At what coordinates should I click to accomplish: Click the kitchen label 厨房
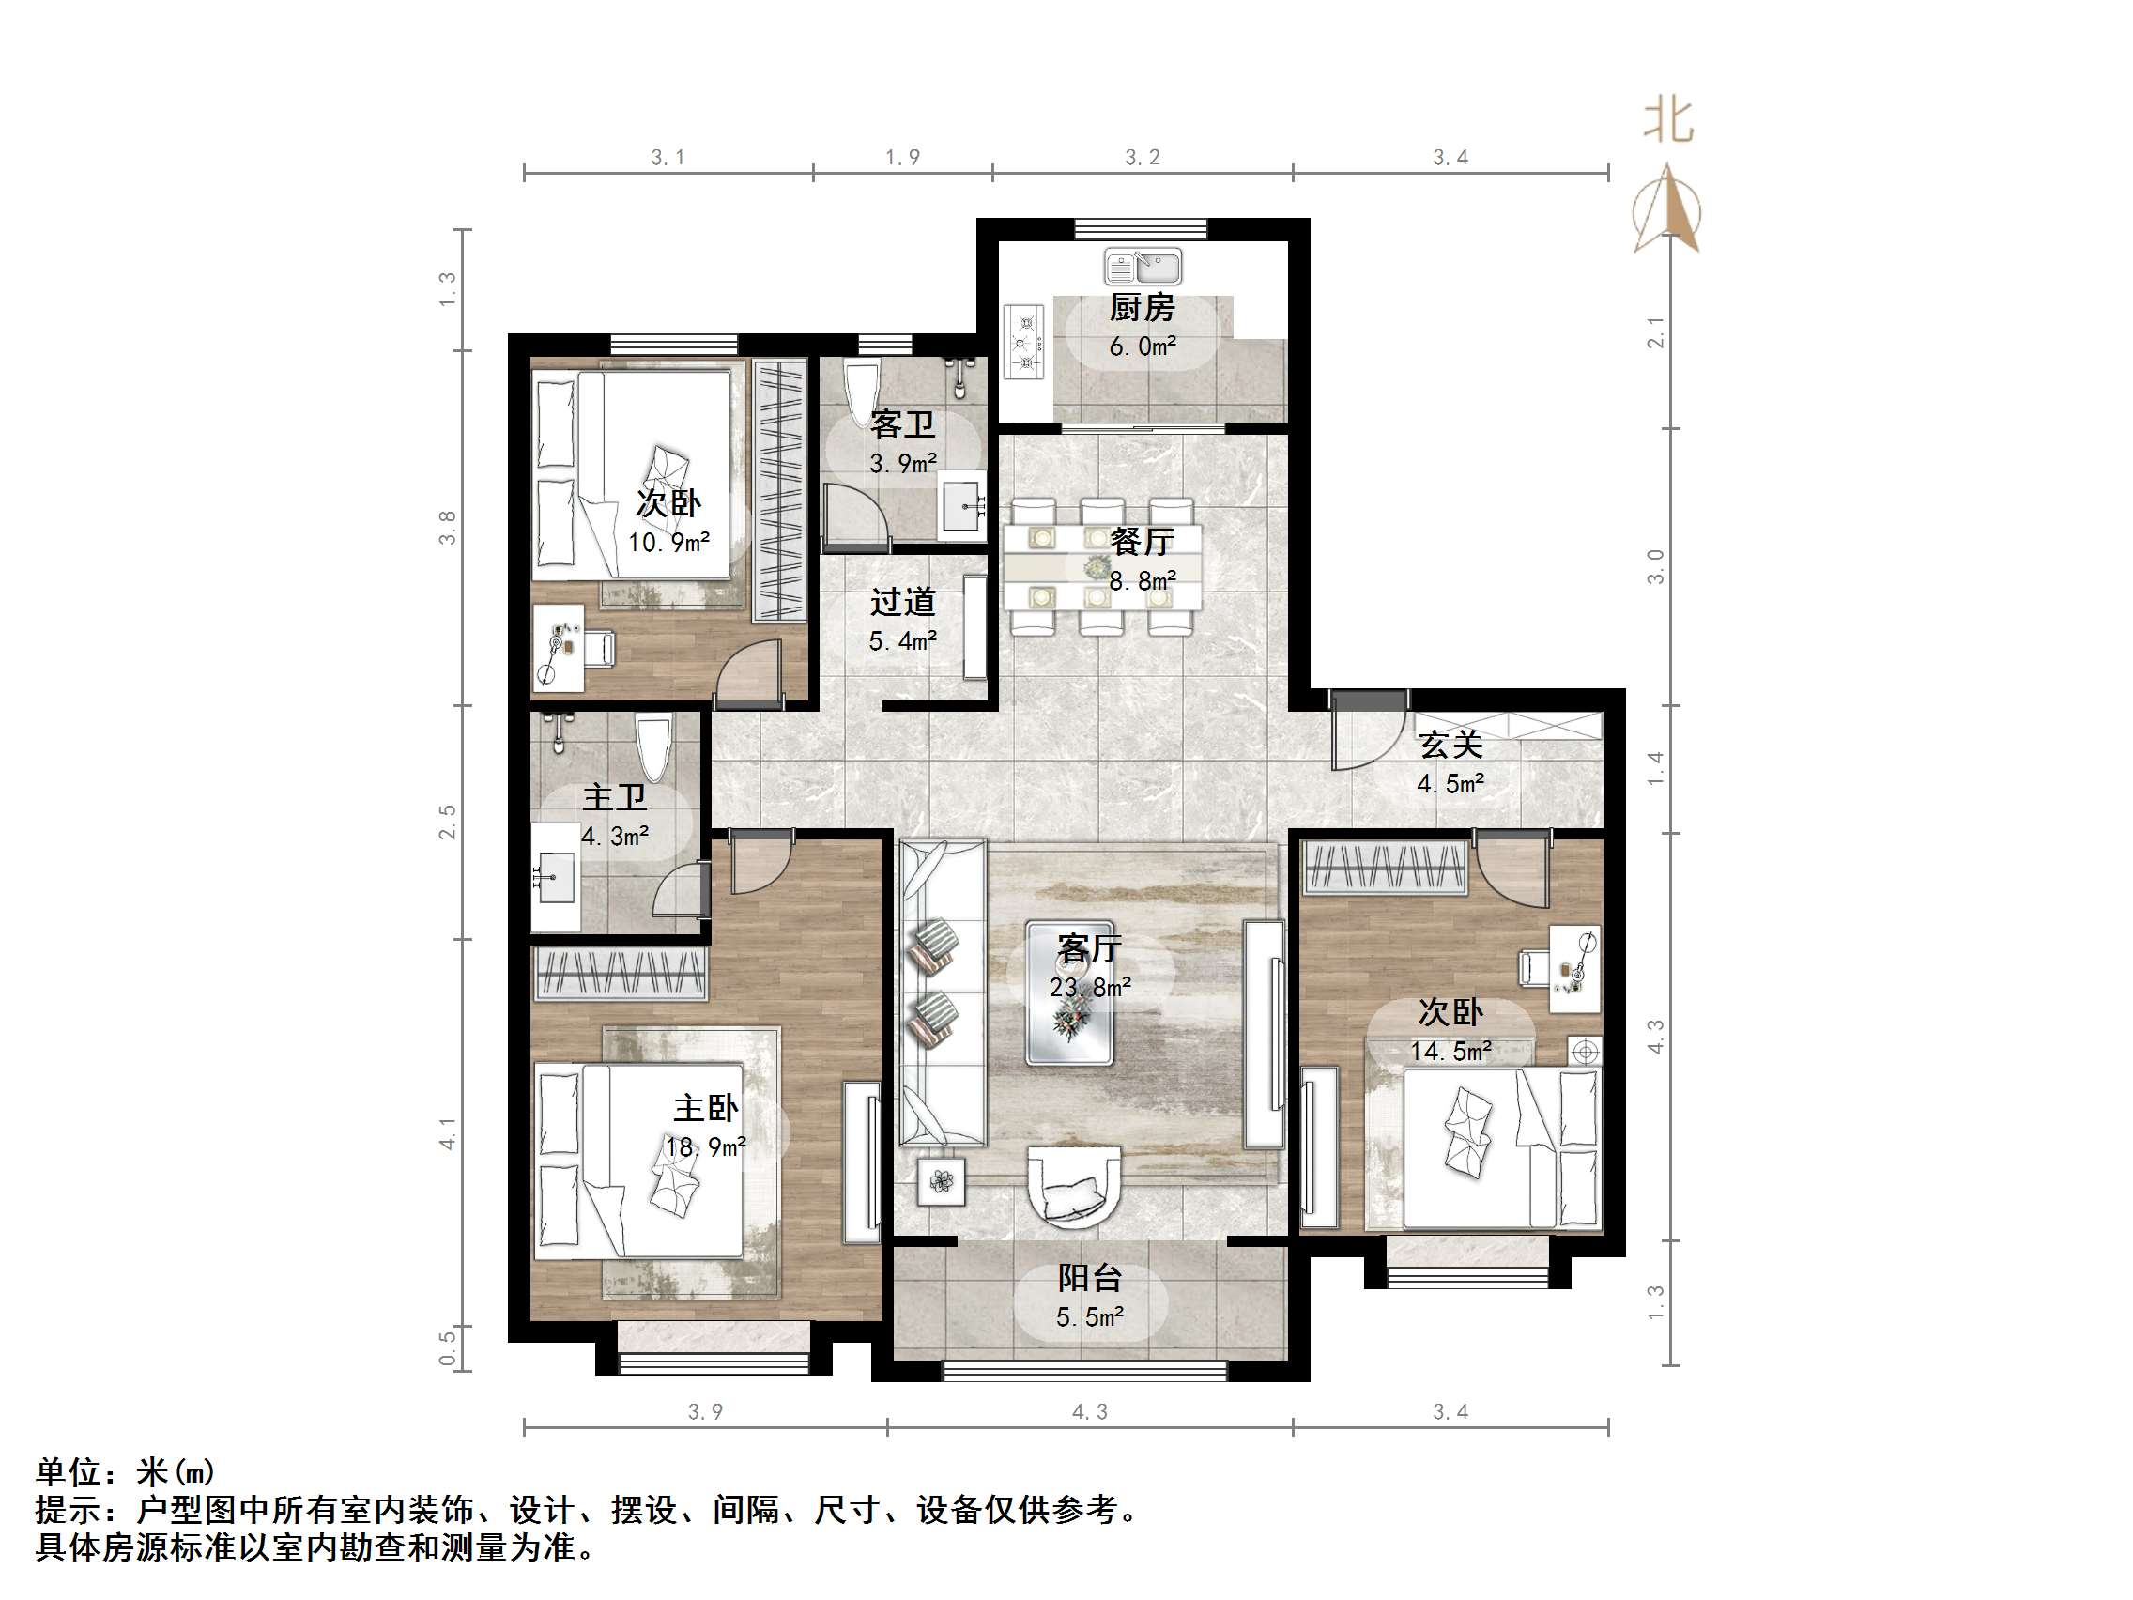pyautogui.click(x=1142, y=308)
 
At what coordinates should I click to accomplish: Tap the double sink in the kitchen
pyautogui.click(x=1143, y=266)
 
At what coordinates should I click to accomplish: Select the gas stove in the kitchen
pyautogui.click(x=1024, y=341)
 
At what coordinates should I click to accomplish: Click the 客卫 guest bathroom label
pyautogui.click(x=902, y=424)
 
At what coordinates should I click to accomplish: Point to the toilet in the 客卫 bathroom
pyautogui.click(x=859, y=391)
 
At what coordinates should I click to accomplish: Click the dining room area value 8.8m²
pyautogui.click(x=1142, y=580)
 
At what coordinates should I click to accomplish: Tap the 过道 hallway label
pyautogui.click(x=902, y=602)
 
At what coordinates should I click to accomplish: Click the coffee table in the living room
pyautogui.click(x=1070, y=993)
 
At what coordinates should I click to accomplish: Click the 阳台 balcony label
pyautogui.click(x=1090, y=1278)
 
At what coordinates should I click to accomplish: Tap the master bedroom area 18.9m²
pyautogui.click(x=706, y=1146)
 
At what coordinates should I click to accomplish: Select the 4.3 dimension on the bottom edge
pyautogui.click(x=1090, y=1412)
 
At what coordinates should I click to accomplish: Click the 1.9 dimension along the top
pyautogui.click(x=902, y=157)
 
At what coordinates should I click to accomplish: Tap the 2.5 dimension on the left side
pyautogui.click(x=448, y=822)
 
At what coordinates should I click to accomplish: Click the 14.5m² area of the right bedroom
pyautogui.click(x=1450, y=1052)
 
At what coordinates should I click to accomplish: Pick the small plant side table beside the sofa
pyautogui.click(x=941, y=1179)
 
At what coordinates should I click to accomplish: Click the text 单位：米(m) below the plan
pyautogui.click(x=126, y=1471)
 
